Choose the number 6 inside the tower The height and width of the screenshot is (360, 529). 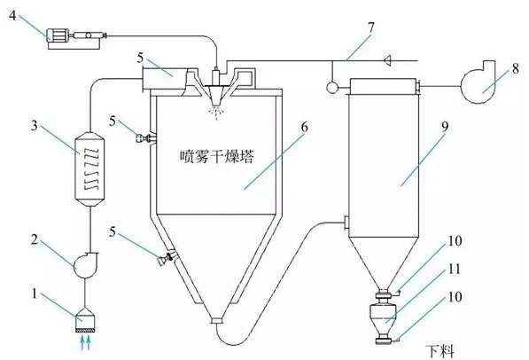click(303, 128)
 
